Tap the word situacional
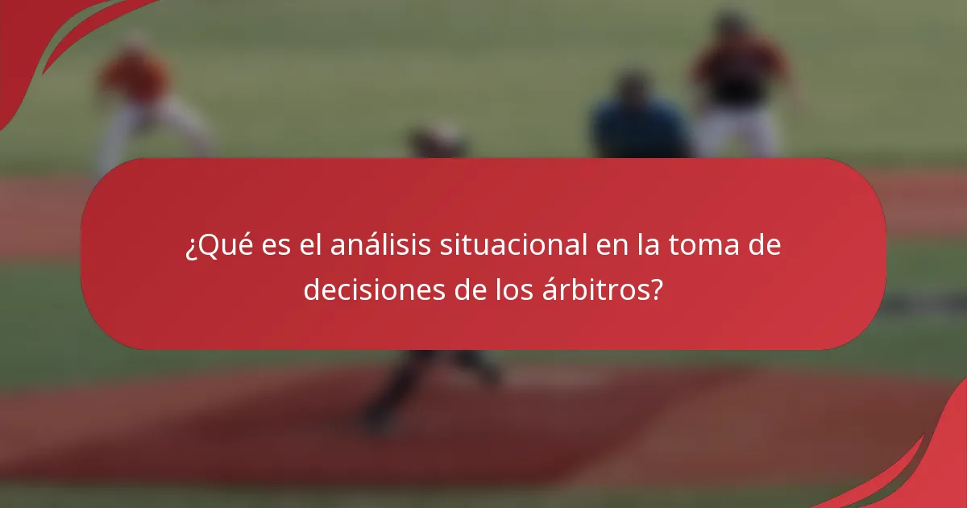[x=513, y=246]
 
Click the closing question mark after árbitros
[x=658, y=289]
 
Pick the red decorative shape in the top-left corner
[x=48, y=40]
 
